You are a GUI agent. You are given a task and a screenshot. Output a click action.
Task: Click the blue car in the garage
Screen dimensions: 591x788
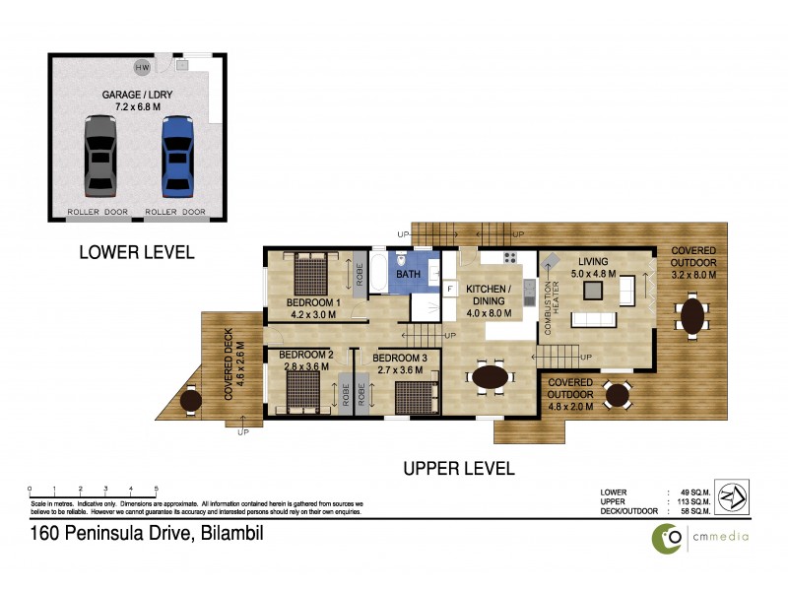click(x=176, y=156)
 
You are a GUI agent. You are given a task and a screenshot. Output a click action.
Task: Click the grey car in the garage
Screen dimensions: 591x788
click(x=99, y=156)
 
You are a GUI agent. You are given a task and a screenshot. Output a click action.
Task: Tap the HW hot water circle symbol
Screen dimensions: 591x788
click(x=143, y=67)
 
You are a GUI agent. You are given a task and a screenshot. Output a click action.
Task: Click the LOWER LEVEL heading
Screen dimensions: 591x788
click(x=136, y=253)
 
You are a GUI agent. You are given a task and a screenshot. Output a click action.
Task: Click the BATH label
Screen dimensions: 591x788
click(x=408, y=275)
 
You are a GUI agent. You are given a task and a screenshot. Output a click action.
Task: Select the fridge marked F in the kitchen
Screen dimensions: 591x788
click(x=449, y=288)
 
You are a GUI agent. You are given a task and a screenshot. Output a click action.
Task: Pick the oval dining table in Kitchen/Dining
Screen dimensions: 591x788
click(x=492, y=376)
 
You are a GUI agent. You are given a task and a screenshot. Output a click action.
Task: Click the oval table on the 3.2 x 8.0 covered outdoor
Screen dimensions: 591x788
click(x=693, y=316)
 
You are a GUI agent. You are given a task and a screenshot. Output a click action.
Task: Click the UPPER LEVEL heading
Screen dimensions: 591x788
click(x=459, y=469)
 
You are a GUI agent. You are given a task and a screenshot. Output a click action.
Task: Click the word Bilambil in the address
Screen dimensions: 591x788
click(x=232, y=535)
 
